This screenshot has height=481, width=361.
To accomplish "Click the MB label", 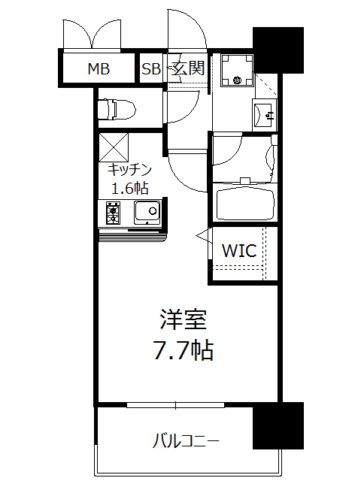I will (99, 70).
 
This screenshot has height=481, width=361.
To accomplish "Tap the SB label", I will (151, 70).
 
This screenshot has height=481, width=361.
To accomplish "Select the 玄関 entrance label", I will (187, 68).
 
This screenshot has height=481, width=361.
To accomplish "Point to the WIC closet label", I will (239, 251).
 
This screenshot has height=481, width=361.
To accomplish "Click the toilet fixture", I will (116, 109).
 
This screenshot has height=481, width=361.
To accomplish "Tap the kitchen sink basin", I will (146, 213).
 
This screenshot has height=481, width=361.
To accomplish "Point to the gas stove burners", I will (113, 213).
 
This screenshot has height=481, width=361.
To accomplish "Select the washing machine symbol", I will (238, 71).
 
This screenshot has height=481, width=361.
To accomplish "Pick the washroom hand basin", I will (265, 114).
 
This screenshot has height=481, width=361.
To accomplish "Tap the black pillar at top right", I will (278, 50).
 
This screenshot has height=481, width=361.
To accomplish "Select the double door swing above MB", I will (92, 34).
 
